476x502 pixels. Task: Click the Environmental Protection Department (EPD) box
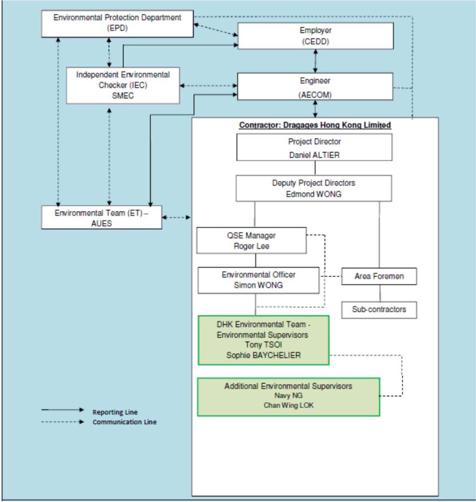pyautogui.click(x=117, y=23)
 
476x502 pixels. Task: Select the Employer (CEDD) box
pyautogui.click(x=316, y=36)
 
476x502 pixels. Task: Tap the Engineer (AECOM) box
pyautogui.click(x=315, y=86)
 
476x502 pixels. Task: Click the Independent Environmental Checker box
pyautogui.click(x=123, y=85)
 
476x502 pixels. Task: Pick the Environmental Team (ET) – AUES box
pyautogui.click(x=101, y=217)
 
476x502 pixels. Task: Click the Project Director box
pyautogui.click(x=314, y=147)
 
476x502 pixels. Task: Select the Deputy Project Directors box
pyautogui.click(x=314, y=188)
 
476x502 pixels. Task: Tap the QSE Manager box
pyautogui.click(x=252, y=240)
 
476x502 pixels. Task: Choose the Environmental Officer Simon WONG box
pyautogui.click(x=258, y=280)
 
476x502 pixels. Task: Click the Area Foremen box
pyautogui.click(x=379, y=276)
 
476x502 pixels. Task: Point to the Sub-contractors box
pyautogui.click(x=379, y=310)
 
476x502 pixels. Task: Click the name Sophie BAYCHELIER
pyautogui.click(x=263, y=355)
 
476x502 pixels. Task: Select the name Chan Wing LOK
pyautogui.click(x=288, y=405)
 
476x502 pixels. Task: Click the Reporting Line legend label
pyautogui.click(x=115, y=412)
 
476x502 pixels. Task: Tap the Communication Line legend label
pyautogui.click(x=125, y=422)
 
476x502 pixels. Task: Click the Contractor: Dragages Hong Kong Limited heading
pyautogui.click(x=315, y=125)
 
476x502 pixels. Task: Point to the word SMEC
pyautogui.click(x=123, y=95)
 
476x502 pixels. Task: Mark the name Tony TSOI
pyautogui.click(x=263, y=344)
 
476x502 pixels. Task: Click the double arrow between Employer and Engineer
pyautogui.click(x=316, y=61)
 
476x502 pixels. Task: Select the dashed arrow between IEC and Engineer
pyautogui.click(x=209, y=86)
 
